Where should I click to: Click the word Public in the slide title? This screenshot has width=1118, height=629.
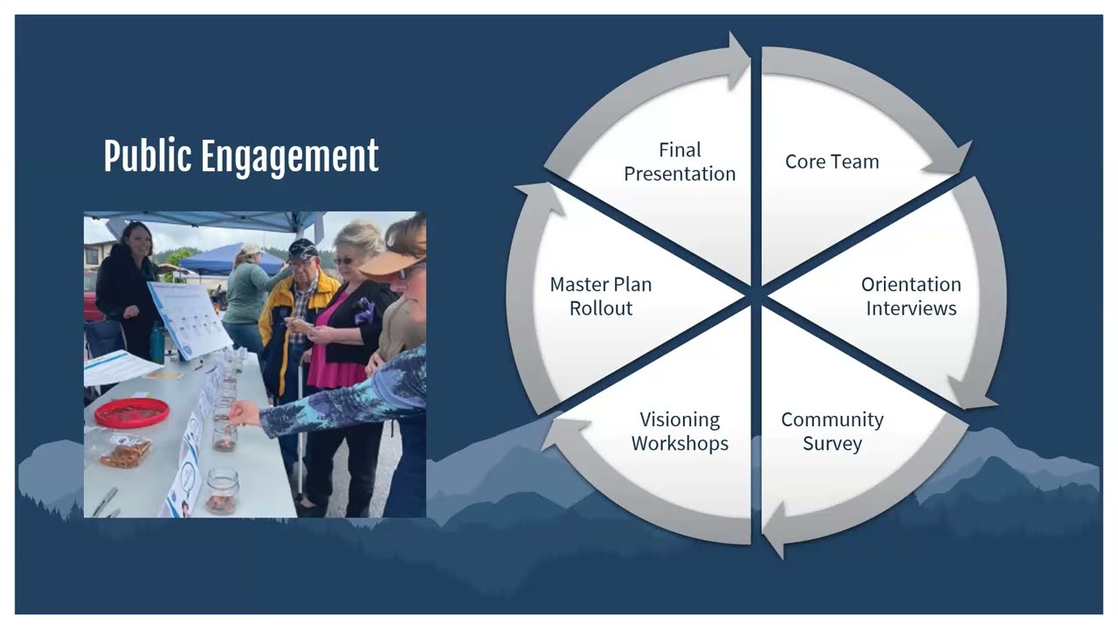click(147, 157)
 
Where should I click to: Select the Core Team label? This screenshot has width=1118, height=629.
click(832, 162)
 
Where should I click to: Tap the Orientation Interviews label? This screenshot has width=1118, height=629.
click(911, 296)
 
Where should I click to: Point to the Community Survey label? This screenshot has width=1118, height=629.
click(832, 432)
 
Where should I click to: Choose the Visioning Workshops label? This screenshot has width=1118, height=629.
click(680, 432)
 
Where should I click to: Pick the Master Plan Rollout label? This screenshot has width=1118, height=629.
click(601, 296)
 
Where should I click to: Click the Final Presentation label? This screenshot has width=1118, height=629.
click(680, 162)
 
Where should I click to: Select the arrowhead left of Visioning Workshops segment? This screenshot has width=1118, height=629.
click(559, 432)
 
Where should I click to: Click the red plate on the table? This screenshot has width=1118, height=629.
click(131, 412)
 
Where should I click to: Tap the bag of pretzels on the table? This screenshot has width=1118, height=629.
click(126, 451)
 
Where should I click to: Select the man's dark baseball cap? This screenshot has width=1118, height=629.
click(302, 248)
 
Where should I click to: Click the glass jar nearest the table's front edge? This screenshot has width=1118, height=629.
click(222, 491)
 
